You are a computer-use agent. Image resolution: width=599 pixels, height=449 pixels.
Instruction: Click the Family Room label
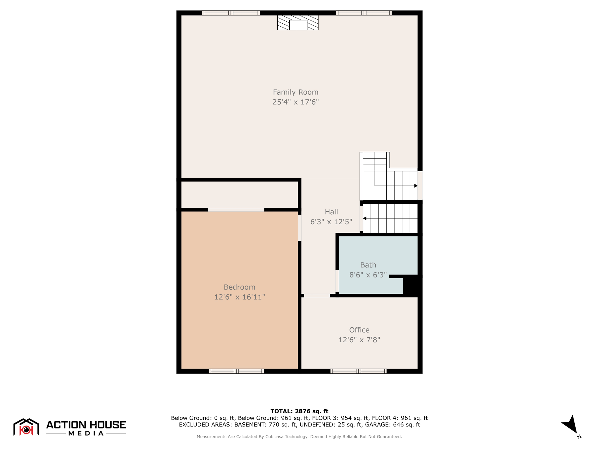pos(295,92)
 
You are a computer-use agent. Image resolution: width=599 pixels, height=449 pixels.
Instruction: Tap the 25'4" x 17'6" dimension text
pos(295,102)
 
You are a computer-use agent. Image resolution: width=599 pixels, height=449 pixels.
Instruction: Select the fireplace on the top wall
pos(298,23)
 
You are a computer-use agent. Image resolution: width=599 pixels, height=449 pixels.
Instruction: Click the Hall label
pos(331,212)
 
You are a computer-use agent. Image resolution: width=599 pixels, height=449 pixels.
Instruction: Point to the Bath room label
pos(368,265)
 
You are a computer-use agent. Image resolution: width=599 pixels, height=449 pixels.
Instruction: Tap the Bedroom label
pos(239,287)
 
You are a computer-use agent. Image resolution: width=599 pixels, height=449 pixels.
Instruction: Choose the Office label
pos(359,330)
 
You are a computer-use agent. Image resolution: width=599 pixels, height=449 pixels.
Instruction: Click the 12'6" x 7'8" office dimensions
pos(359,340)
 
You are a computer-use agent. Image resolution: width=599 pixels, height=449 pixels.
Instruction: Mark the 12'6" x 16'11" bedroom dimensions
pos(239,297)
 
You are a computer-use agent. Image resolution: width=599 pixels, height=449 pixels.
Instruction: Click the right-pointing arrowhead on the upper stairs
pos(416,186)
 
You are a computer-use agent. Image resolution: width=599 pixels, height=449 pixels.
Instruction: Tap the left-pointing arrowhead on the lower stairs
pos(364,218)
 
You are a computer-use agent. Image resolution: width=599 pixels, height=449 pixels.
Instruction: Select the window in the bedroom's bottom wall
pos(236,371)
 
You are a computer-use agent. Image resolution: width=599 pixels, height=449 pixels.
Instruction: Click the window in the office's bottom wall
pos(358,371)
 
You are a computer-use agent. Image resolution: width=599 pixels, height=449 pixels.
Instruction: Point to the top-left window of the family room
pos(231,13)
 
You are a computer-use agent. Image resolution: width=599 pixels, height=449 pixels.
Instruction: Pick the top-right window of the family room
pos(364,13)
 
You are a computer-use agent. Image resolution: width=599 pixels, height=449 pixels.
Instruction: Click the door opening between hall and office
pos(317,296)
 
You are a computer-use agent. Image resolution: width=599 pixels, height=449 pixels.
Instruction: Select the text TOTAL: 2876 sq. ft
pos(299,411)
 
